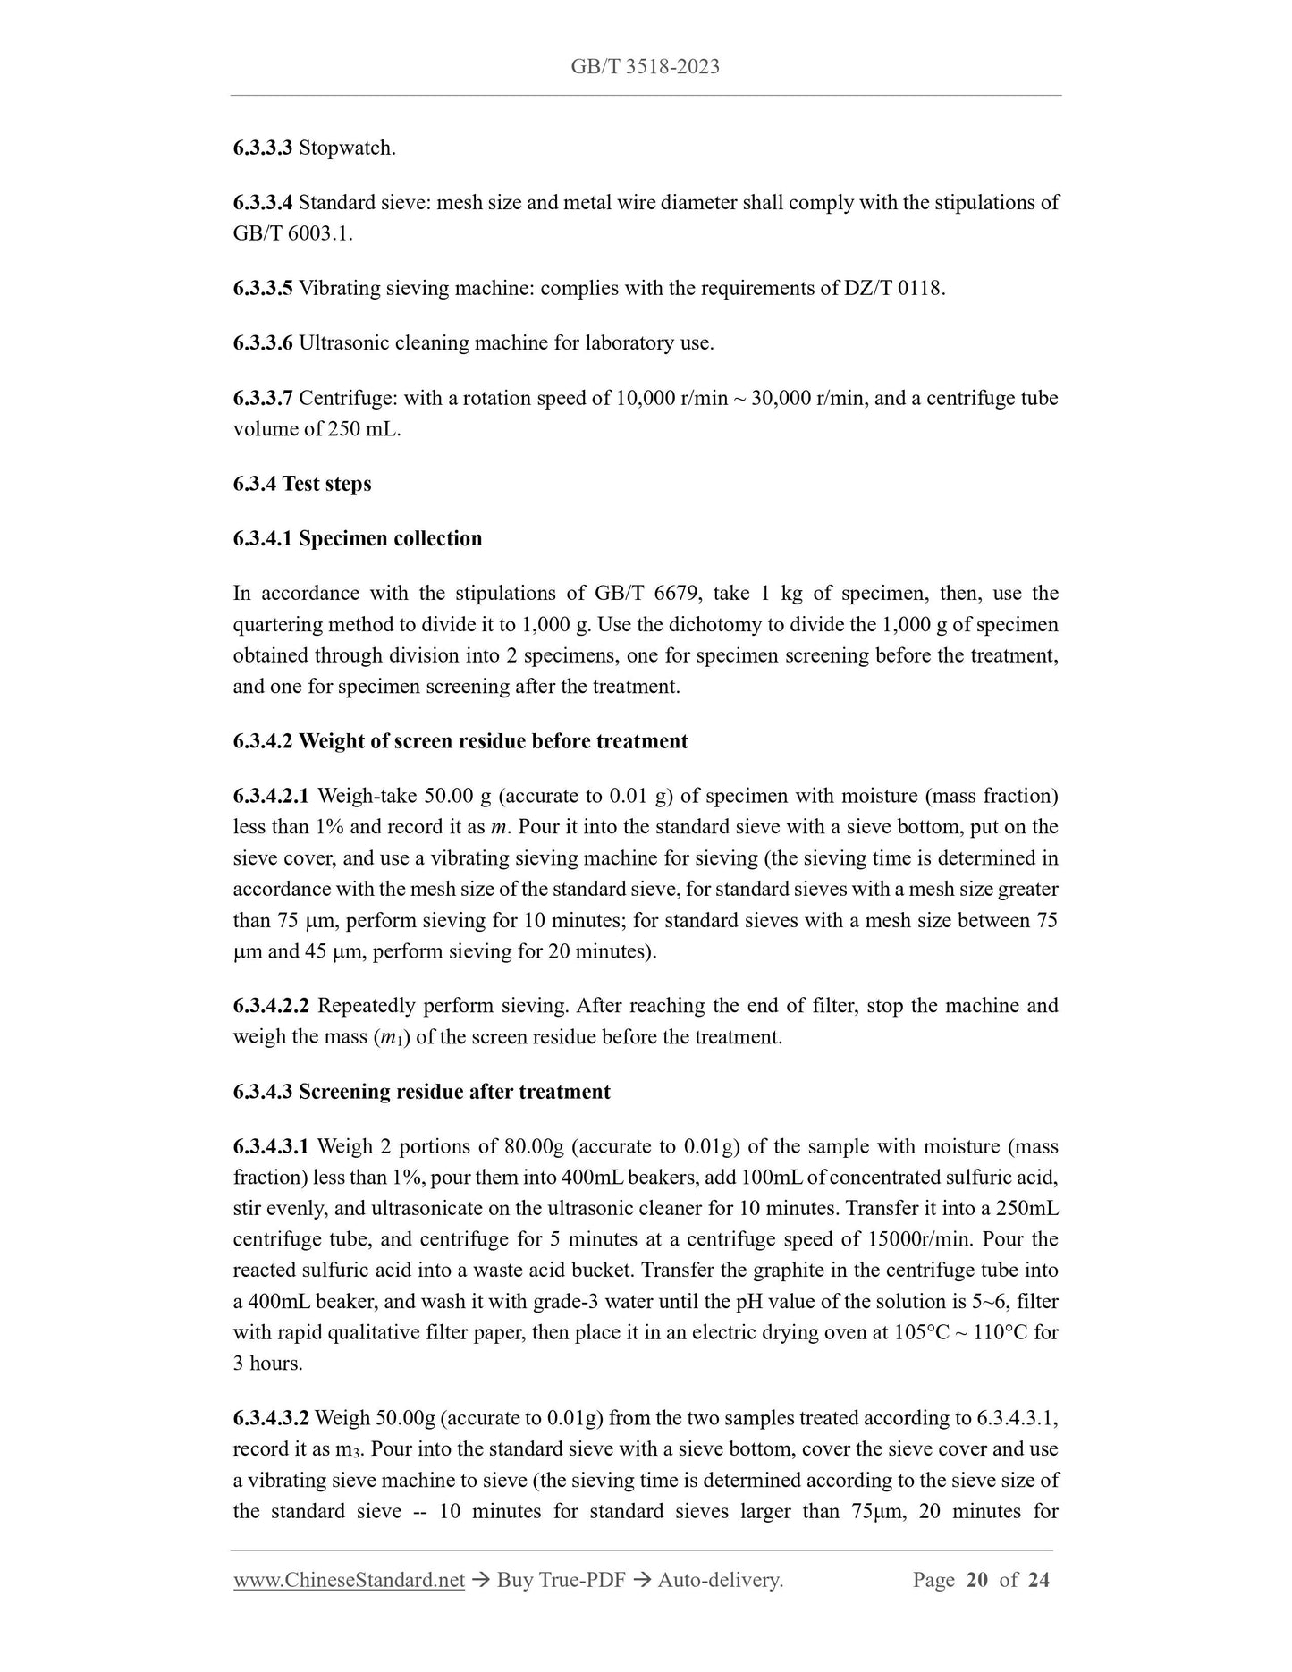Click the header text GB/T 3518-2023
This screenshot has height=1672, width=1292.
click(x=645, y=66)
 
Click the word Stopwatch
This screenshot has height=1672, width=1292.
click(x=346, y=148)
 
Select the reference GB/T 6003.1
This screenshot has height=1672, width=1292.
click(x=292, y=234)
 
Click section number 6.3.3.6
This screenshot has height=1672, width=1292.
click(x=263, y=343)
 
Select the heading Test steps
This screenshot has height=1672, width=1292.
click(x=326, y=485)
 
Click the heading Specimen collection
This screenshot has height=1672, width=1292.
click(x=390, y=539)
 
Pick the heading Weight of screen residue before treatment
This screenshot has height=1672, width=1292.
click(x=493, y=742)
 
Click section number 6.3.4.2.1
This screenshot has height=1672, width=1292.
click(x=271, y=797)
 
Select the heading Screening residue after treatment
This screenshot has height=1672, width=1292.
click(x=454, y=1093)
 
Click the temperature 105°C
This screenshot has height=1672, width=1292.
click(x=922, y=1333)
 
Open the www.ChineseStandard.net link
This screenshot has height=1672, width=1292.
click(x=349, y=1581)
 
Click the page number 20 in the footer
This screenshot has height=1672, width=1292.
click(x=976, y=1581)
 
